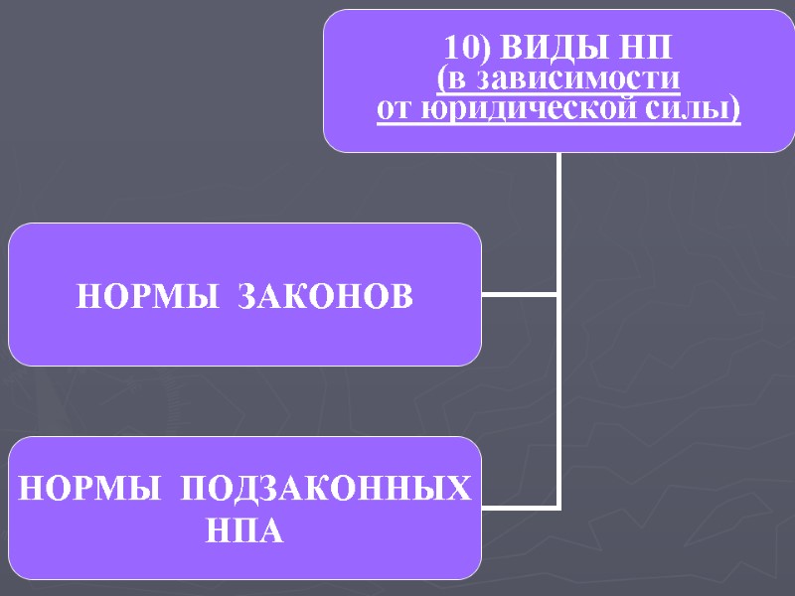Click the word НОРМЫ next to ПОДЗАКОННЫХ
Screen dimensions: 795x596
point(88,489)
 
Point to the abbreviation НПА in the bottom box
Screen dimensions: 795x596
point(244,531)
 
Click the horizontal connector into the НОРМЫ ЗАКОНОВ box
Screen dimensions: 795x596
point(520,294)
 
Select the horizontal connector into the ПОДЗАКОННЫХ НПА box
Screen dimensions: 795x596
point(520,507)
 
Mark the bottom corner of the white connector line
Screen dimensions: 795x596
point(558,507)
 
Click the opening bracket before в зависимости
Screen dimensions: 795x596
point(441,78)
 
